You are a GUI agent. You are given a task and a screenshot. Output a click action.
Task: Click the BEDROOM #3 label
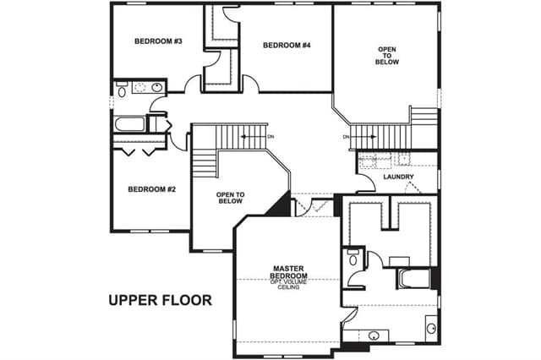click(x=158, y=41)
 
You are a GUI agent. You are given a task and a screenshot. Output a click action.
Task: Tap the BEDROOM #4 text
click(x=287, y=45)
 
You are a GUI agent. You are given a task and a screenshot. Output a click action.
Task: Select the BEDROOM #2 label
click(x=152, y=189)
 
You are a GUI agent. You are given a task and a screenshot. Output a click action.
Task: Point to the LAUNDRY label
click(x=398, y=177)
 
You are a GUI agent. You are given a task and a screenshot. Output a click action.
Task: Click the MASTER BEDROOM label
click(x=288, y=272)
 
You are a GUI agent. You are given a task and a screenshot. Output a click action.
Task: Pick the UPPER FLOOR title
click(x=160, y=300)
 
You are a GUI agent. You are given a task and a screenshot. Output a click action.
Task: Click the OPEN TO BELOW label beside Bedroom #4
click(x=387, y=56)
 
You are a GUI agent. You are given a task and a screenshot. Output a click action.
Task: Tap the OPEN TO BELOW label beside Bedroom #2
click(x=230, y=198)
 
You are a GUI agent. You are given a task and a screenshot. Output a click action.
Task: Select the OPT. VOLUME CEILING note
click(x=288, y=285)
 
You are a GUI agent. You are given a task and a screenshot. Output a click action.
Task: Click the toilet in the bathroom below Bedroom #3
click(x=122, y=90)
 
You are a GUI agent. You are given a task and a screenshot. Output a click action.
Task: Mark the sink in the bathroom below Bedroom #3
click(x=157, y=87)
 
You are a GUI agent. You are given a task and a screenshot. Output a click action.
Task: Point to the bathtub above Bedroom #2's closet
click(x=129, y=124)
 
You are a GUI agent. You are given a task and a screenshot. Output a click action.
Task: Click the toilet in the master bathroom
click(x=352, y=257)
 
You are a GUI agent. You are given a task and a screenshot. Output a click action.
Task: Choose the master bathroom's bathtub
click(x=414, y=278)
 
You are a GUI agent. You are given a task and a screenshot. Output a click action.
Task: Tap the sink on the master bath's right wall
click(x=431, y=328)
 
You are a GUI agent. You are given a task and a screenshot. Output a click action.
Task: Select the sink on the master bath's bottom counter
click(x=374, y=335)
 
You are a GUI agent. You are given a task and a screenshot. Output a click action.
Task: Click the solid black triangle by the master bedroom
click(x=281, y=205)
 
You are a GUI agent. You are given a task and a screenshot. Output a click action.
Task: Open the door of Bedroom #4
click(x=251, y=83)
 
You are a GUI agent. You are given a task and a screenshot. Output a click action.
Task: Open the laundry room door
click(x=366, y=183)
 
